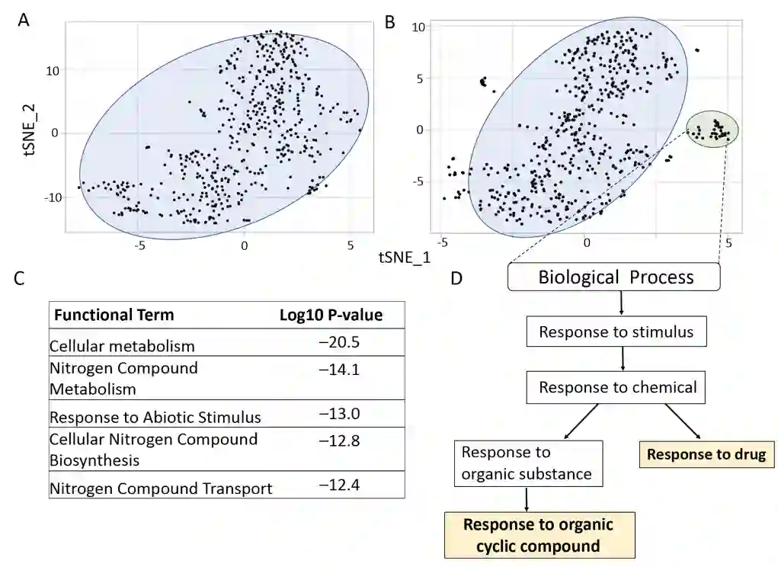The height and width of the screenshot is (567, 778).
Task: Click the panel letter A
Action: [24, 21]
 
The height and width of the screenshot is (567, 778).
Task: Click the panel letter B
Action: [390, 22]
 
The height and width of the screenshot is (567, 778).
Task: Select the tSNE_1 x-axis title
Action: [404, 258]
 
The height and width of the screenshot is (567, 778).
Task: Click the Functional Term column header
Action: [114, 315]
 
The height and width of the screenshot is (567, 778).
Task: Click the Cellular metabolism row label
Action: [122, 346]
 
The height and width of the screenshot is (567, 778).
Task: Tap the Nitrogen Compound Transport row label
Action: [160, 489]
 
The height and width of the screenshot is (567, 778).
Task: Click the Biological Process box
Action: [614, 277]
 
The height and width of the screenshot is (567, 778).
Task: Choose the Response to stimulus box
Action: [616, 332]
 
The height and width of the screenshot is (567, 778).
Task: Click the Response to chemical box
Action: [617, 387]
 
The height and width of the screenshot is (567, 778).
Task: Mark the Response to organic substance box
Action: [527, 463]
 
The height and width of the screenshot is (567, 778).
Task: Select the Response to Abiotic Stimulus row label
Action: [155, 418]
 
